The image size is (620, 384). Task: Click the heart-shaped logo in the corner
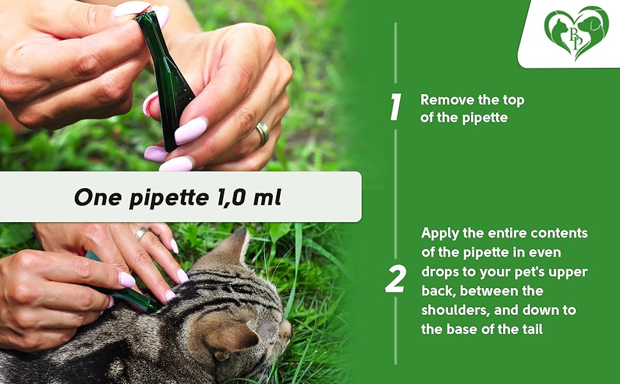(x=576, y=33)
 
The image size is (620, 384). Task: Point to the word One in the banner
(x=97, y=198)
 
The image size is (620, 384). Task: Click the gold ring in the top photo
(x=263, y=133)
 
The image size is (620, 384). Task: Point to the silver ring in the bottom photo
(x=141, y=234)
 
